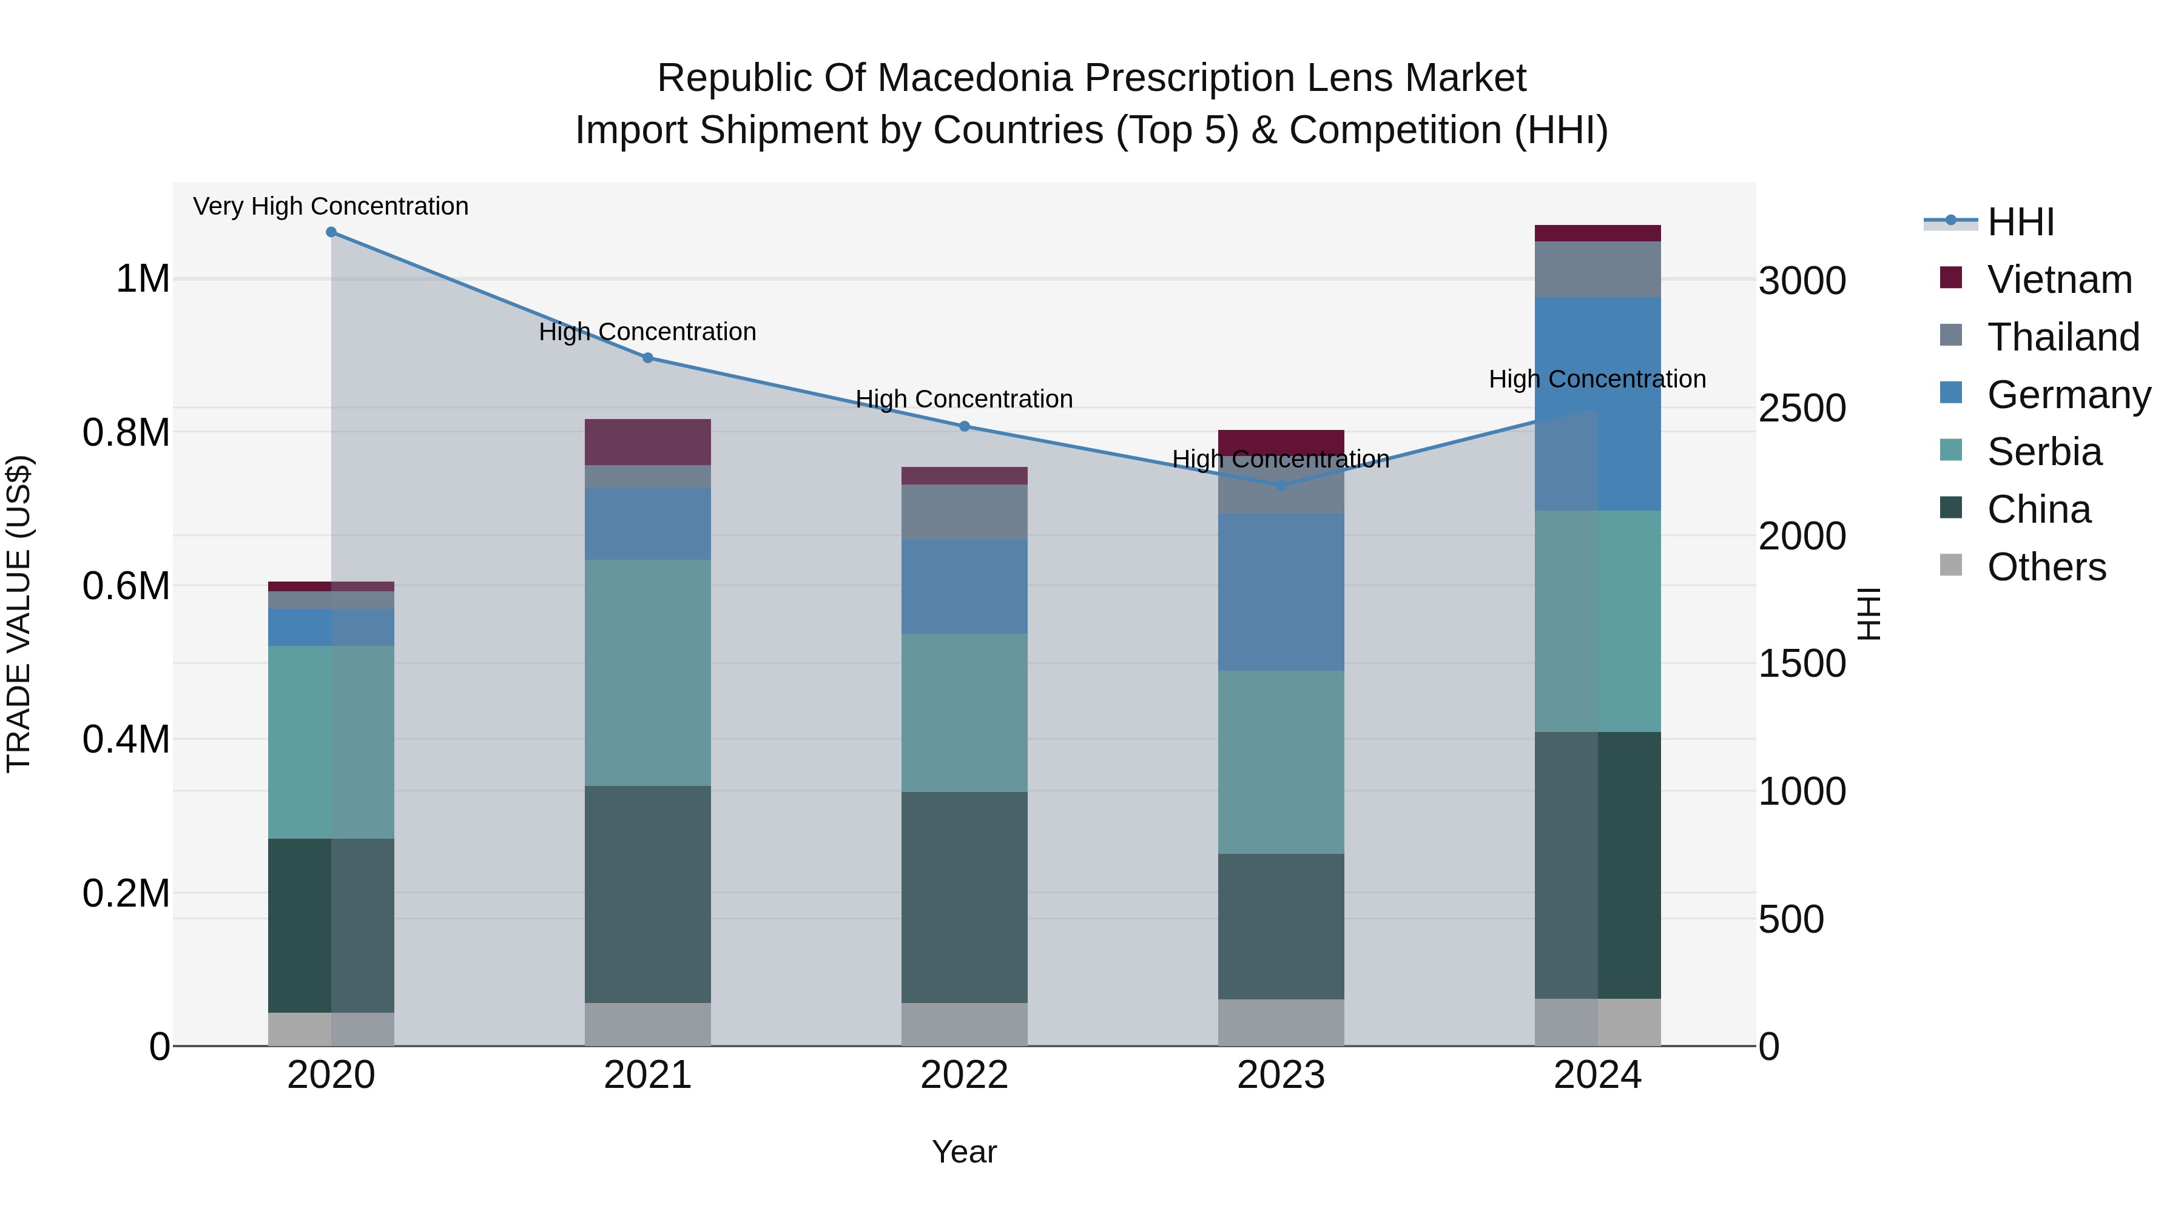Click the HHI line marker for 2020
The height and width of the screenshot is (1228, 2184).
click(331, 232)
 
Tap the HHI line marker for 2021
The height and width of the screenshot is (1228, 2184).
click(648, 358)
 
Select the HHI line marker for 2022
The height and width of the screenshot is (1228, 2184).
click(964, 426)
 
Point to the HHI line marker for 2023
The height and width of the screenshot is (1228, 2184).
click(1281, 486)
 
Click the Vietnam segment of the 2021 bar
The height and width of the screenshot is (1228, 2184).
click(648, 441)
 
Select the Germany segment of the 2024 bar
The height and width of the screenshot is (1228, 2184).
click(1597, 403)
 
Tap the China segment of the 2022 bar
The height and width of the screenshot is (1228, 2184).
click(964, 897)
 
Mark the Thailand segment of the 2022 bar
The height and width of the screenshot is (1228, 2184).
click(964, 512)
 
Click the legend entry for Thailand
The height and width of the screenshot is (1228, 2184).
click(2062, 337)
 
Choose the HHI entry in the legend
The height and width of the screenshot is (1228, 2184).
click(2020, 222)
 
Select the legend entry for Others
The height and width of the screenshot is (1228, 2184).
click(2045, 567)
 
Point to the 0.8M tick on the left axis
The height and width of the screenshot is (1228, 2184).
click(126, 432)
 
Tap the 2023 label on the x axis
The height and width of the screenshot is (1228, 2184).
click(1281, 1075)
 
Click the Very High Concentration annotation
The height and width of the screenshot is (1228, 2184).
click(331, 206)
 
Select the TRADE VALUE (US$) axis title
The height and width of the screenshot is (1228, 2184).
click(19, 614)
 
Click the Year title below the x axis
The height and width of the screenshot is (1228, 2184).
click(964, 1152)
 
